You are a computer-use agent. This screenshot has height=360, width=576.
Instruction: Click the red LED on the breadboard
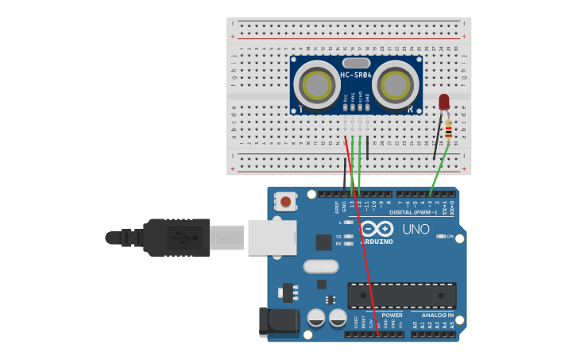click(x=443, y=102)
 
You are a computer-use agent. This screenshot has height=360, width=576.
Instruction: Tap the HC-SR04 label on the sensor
click(x=356, y=75)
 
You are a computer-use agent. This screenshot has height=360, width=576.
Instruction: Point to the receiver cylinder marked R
click(x=395, y=84)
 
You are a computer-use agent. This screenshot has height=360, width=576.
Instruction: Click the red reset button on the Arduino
click(x=285, y=202)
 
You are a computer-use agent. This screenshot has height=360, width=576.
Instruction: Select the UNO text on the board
click(x=416, y=230)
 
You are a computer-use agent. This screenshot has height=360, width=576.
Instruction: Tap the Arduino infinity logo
click(x=377, y=229)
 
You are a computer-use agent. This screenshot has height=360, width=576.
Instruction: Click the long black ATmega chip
click(x=401, y=296)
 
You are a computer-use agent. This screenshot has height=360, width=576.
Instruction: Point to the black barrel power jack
click(x=279, y=321)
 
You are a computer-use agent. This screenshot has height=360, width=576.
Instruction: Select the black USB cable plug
click(x=175, y=237)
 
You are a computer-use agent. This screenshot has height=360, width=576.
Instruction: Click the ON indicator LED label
click(x=450, y=237)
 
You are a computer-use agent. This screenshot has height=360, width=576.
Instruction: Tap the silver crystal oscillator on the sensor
click(x=356, y=62)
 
